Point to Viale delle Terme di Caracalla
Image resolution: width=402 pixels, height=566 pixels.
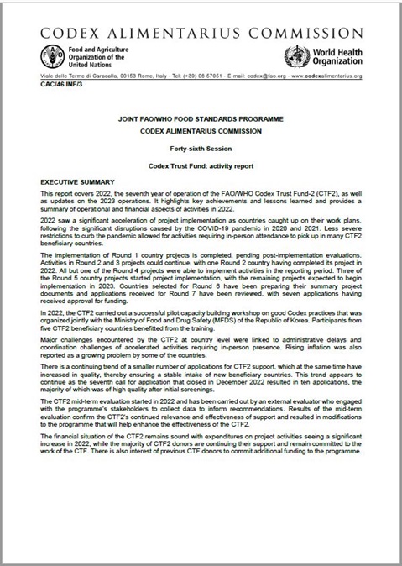pos(75,76)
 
